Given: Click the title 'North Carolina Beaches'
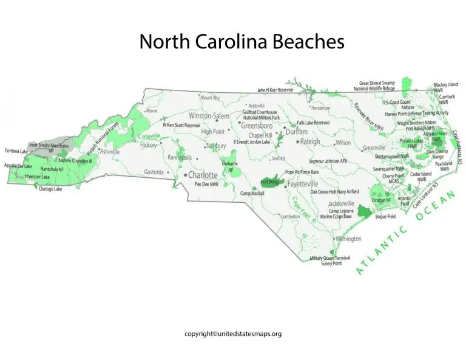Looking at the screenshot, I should tap(241, 42).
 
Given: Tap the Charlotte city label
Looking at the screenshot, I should tap(203, 175).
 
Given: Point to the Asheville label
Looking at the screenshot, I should tap(110, 152).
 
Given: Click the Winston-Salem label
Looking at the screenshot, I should tap(209, 115).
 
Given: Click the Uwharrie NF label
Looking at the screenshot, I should tap(230, 166).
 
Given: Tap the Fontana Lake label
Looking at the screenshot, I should tap(16, 151).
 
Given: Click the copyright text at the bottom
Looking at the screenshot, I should tap(233, 333).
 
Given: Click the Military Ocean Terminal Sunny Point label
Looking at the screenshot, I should tap(329, 261).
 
